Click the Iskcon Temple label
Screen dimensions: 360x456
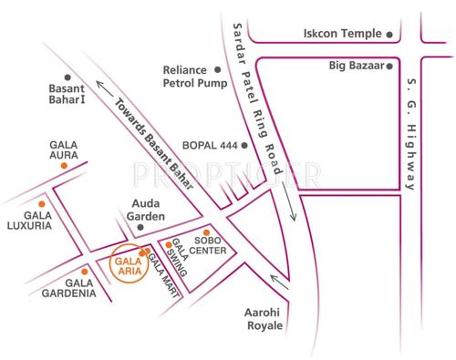[341, 34]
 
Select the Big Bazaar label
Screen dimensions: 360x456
[356, 67]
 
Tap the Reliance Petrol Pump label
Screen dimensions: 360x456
[185, 77]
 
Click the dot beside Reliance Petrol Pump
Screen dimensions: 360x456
[217, 69]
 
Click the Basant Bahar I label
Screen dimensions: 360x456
[71, 94]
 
